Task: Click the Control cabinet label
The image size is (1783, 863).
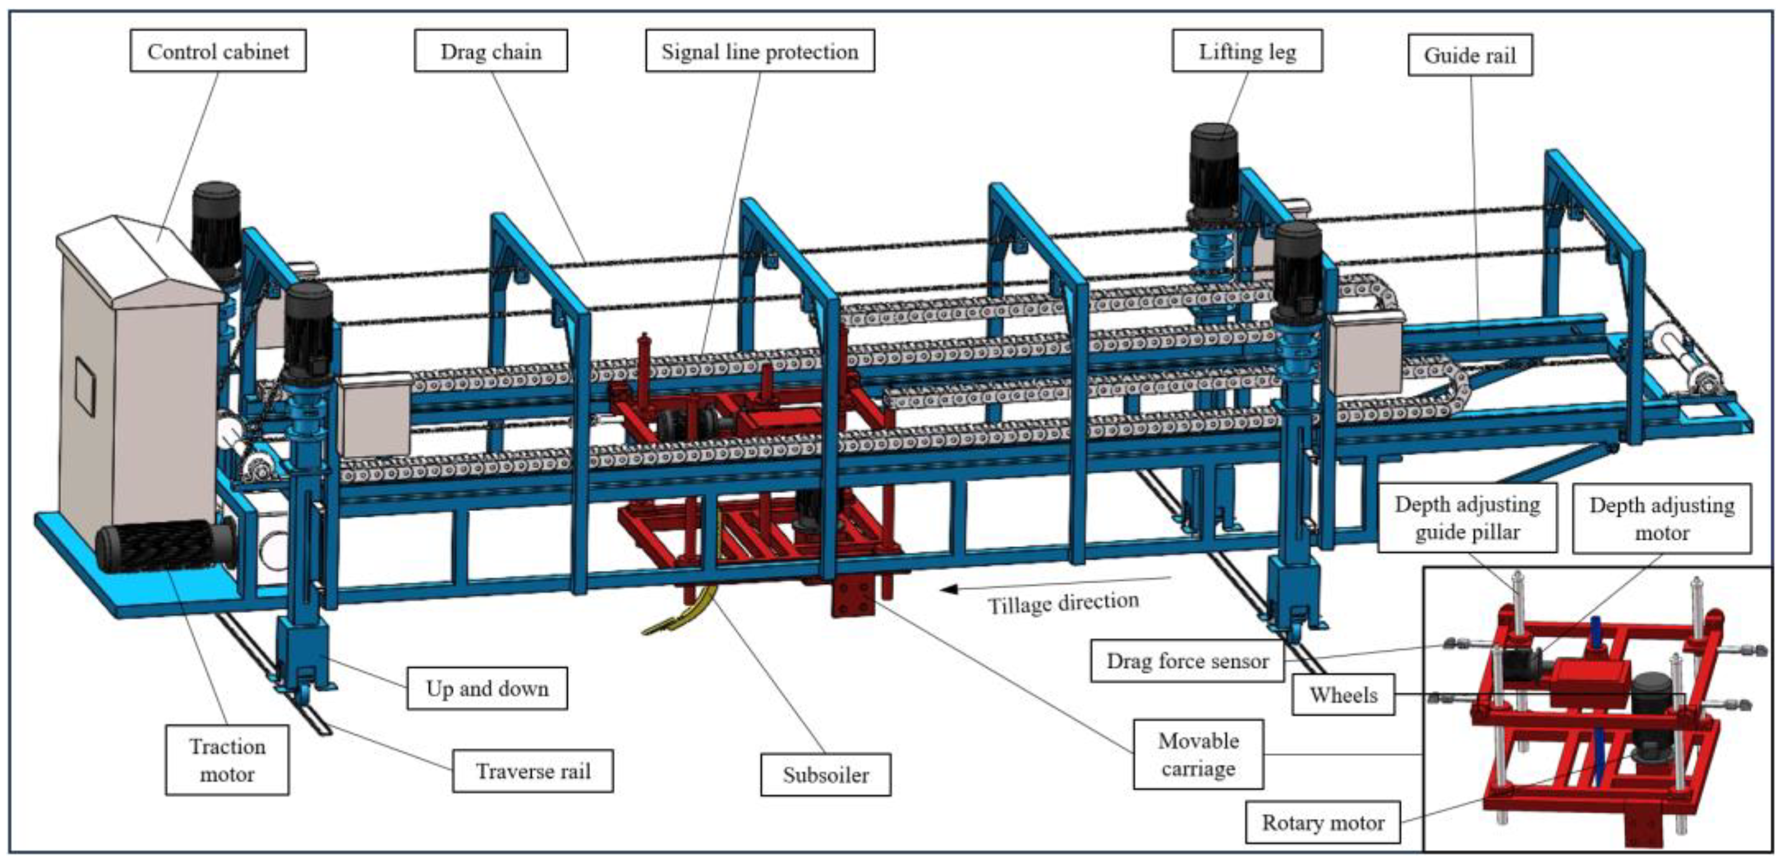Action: click(x=218, y=51)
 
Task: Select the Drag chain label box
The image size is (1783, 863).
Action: click(x=491, y=51)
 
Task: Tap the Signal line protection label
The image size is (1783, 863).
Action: click(x=759, y=51)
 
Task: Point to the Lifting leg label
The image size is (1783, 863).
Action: click(x=1247, y=51)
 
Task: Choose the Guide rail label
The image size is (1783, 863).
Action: click(x=1469, y=55)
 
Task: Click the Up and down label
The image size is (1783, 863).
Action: click(x=487, y=688)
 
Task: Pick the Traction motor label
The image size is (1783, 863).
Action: click(x=227, y=760)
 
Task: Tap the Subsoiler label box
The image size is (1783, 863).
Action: click(x=825, y=774)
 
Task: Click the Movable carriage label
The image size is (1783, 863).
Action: click(x=1198, y=754)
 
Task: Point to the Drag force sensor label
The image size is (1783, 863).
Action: click(x=1187, y=661)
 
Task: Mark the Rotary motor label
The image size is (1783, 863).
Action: click(x=1323, y=822)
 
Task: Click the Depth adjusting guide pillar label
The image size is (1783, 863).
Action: click(x=1467, y=518)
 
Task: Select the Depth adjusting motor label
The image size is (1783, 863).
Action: click(x=1662, y=518)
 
